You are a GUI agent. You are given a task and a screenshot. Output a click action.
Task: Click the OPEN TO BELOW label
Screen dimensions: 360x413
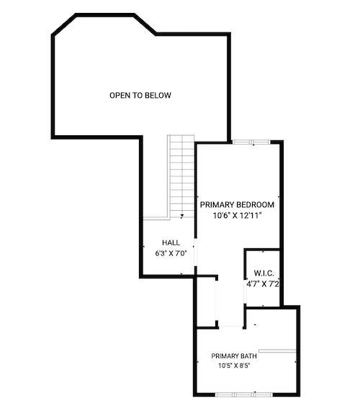pos(140,95)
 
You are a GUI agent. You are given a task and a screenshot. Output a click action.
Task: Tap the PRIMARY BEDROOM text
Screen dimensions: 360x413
pos(237,204)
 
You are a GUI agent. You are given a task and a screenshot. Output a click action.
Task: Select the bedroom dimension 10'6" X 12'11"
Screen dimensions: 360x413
pos(237,216)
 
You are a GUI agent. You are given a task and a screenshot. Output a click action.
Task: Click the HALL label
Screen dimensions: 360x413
pos(171,242)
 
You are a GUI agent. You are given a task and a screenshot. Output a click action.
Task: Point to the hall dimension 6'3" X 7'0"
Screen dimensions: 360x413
pos(171,253)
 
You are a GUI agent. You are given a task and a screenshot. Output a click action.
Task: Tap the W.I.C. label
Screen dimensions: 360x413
pos(264,273)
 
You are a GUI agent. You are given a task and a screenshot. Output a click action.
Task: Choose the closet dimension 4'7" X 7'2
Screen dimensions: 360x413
pos(263,284)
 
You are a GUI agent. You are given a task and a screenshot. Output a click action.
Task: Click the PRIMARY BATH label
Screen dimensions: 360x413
pos(234,356)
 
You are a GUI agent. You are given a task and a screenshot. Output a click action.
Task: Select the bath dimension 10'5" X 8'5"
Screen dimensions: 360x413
pos(234,366)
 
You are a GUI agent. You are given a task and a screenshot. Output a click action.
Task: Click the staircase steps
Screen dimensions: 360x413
pos(182,176)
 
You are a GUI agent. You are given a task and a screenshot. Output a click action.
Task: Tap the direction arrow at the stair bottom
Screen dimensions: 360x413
pos(182,217)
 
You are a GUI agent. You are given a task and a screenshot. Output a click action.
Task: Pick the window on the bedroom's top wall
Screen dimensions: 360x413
pos(252,142)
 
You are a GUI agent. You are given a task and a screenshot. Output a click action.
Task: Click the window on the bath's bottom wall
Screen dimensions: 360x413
pos(244,394)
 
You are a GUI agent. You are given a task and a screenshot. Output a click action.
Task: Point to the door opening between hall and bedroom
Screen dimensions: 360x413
pos(196,252)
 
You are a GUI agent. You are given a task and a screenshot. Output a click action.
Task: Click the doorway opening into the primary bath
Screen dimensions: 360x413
pos(231,327)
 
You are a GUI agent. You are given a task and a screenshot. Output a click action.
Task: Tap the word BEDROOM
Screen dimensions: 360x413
pos(256,204)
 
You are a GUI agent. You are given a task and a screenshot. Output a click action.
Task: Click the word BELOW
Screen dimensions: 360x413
pos(158,95)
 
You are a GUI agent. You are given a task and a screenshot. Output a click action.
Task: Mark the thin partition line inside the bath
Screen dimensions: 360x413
pos(277,351)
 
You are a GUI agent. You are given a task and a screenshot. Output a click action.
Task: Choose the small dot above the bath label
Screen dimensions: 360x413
pos(255,324)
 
